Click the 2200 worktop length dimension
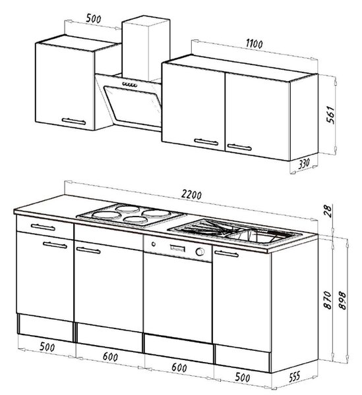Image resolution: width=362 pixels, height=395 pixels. (191, 195)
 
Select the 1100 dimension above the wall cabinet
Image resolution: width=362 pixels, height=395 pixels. (254, 44)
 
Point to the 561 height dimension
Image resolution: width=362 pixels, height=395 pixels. (330, 115)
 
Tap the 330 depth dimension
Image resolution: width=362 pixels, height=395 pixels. (304, 163)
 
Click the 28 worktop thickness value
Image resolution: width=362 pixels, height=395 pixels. (328, 211)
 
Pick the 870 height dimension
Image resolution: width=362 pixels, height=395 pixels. (328, 300)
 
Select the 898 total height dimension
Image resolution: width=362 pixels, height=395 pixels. (342, 300)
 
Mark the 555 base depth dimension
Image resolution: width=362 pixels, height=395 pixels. (294, 377)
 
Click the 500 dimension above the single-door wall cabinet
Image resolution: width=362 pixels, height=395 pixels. (94, 18)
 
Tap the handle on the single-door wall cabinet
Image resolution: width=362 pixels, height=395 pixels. (74, 121)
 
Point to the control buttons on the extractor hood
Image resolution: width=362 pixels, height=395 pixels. (130, 84)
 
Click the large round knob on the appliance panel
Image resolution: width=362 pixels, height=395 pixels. (200, 251)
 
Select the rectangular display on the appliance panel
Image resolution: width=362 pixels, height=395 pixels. (177, 248)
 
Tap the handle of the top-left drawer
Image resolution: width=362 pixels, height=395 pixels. (43, 227)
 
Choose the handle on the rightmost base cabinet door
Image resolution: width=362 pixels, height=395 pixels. (226, 253)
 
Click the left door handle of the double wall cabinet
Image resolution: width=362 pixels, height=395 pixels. (206, 142)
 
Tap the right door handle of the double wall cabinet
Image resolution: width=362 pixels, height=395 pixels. (239, 147)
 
